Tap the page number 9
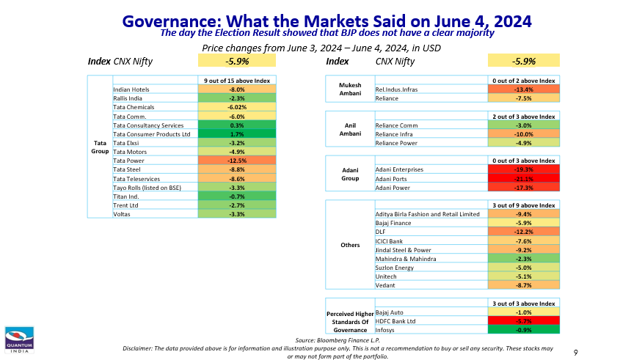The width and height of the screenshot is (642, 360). (576, 353)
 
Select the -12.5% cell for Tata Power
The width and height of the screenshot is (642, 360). (237, 160)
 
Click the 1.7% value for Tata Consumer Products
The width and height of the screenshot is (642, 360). (237, 134)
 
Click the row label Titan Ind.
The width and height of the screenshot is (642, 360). (127, 196)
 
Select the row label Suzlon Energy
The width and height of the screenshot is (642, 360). (394, 267)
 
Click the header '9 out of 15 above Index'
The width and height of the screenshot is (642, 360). (237, 80)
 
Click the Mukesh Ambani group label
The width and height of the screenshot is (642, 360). (350, 89)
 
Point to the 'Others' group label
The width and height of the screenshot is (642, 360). (350, 245)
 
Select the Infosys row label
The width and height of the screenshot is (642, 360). (386, 330)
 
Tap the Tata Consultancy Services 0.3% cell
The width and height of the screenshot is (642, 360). (237, 125)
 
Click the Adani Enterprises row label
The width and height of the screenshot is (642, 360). (399, 169)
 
